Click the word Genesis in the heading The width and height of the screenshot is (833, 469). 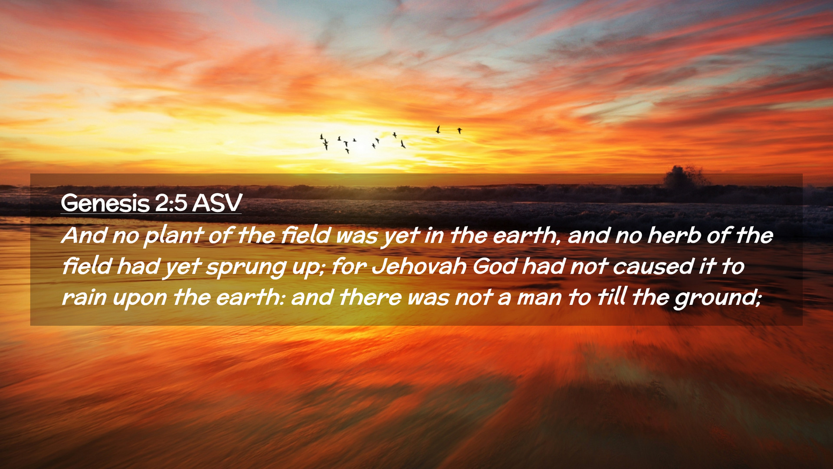105,203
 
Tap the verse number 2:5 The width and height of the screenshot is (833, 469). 171,203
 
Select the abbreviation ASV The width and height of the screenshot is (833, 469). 217,203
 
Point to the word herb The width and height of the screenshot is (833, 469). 674,235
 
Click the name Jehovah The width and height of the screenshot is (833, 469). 419,266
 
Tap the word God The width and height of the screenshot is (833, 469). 495,266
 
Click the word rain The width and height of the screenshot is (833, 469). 84,297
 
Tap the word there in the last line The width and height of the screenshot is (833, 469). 370,297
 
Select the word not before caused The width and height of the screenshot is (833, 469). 588,267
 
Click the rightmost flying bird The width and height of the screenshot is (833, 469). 459,130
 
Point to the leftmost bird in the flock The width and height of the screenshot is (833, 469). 321,137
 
